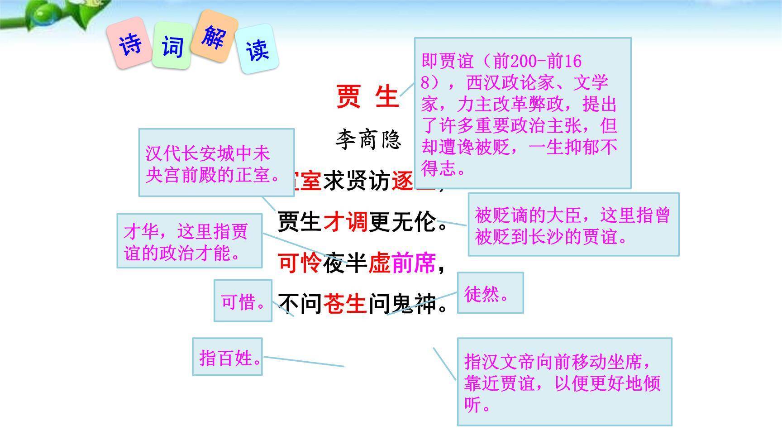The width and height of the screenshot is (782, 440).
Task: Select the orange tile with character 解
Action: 214,36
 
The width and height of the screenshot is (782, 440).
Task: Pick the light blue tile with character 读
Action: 257,50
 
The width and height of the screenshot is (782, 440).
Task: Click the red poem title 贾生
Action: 367,96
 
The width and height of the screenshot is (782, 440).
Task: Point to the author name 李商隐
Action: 368,139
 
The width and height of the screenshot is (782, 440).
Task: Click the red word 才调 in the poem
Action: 345,222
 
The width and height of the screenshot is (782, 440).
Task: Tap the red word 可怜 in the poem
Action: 300,263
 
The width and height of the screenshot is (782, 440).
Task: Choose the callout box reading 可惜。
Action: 243,301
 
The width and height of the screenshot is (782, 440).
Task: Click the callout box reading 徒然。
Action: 490,293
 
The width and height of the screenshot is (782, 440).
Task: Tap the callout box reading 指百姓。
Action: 227,357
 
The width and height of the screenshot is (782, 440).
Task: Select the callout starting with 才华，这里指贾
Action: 189,241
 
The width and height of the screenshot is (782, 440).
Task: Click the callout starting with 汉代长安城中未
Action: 216,163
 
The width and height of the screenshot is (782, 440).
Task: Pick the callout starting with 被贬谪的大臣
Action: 573,225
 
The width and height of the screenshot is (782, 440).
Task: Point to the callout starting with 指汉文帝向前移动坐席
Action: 564,382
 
